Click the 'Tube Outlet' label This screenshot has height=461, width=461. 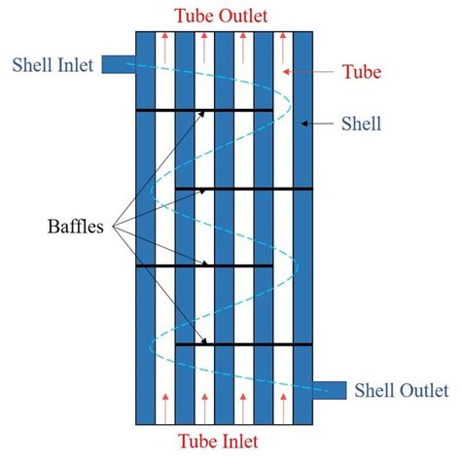click(x=222, y=16)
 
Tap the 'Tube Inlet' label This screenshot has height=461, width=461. click(x=218, y=442)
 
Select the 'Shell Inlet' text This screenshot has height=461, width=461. click(x=53, y=65)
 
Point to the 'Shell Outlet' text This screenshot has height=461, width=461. click(x=402, y=390)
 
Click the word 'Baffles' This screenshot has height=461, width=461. click(x=76, y=227)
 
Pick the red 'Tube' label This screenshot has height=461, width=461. click(x=362, y=71)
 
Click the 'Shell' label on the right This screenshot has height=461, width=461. click(x=361, y=124)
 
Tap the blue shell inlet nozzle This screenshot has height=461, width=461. click(x=119, y=64)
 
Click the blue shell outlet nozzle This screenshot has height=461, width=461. click(x=330, y=390)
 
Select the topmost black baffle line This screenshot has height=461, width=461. click(x=204, y=111)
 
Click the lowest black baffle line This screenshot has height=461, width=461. click(x=244, y=344)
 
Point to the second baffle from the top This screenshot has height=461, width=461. click(x=244, y=189)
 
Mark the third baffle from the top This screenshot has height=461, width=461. click(x=204, y=266)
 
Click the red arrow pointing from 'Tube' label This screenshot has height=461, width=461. click(x=308, y=72)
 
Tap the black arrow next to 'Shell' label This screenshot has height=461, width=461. click(x=317, y=124)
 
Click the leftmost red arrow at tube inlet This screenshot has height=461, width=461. click(x=165, y=408)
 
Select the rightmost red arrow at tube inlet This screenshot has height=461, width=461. click(x=283, y=408)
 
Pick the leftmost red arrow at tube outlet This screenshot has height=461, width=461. click(x=165, y=48)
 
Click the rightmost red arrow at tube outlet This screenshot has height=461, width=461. click(x=283, y=48)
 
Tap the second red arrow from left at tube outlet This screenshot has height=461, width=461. click(x=204, y=48)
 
